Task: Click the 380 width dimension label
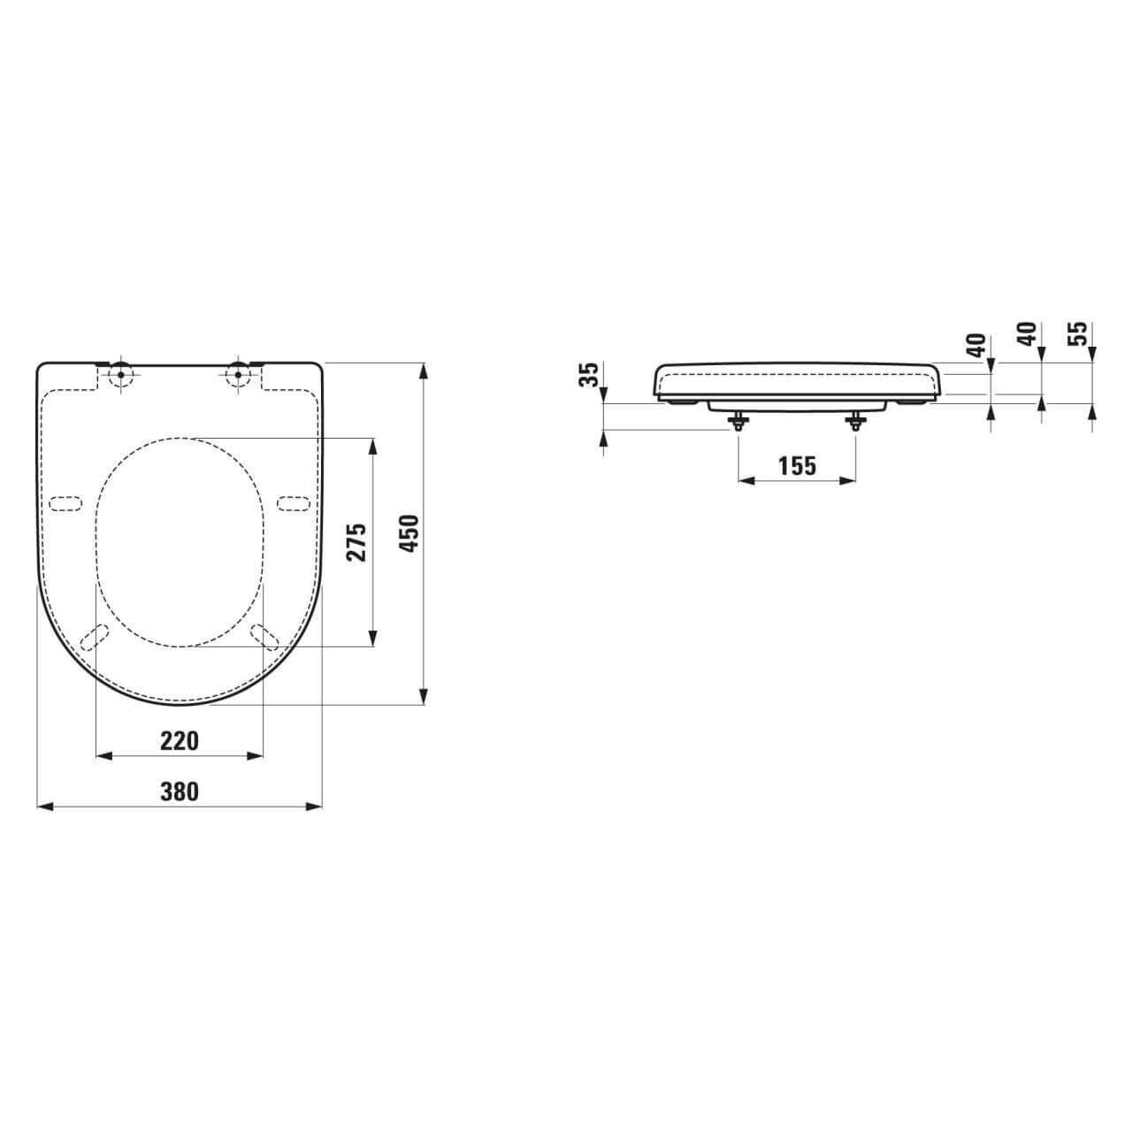click(x=180, y=791)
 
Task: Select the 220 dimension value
click(x=180, y=740)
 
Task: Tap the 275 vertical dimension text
click(x=356, y=542)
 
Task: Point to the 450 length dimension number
click(x=408, y=534)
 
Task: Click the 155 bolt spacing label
click(x=797, y=465)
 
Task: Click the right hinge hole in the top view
click(x=237, y=373)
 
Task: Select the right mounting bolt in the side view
click(x=855, y=421)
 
